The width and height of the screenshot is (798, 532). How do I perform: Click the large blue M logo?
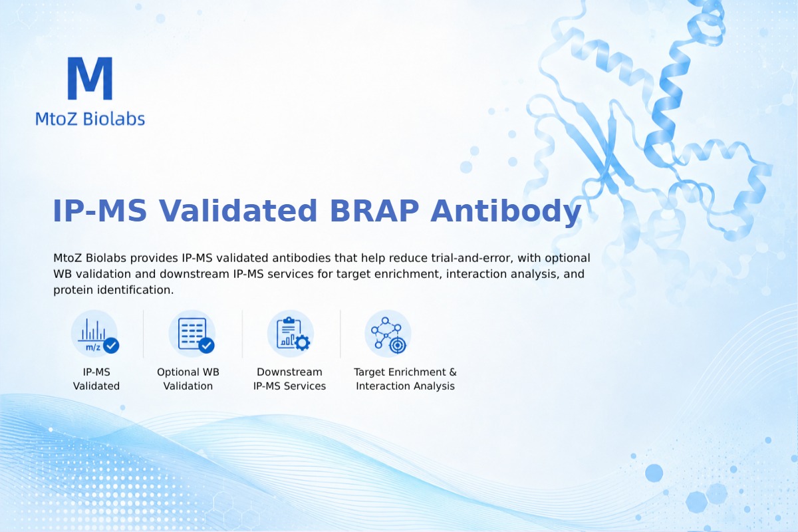point(90,78)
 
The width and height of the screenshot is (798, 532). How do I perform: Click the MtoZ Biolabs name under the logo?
point(90,118)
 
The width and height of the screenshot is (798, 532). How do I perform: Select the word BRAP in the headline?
point(374,211)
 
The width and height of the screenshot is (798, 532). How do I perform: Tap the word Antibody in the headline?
point(506,211)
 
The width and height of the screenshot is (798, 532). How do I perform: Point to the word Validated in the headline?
point(238,211)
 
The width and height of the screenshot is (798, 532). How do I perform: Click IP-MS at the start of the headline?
point(100,211)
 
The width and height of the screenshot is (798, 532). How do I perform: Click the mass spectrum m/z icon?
point(94,334)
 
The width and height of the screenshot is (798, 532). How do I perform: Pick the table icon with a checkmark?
point(192,334)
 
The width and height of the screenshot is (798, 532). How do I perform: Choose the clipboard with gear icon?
point(291,334)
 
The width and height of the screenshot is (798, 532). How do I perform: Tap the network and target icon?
point(388,334)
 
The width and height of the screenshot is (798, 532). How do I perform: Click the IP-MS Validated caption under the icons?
point(96,379)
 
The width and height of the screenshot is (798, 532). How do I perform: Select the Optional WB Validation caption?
point(188,379)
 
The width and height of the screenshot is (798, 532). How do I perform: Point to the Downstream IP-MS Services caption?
point(290,379)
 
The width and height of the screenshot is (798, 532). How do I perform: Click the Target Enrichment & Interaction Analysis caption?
point(406,379)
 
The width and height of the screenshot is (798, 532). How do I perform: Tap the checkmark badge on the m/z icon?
point(111,345)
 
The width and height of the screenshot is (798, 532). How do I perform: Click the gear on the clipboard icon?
point(303,342)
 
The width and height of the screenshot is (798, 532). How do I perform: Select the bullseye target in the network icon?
point(397,345)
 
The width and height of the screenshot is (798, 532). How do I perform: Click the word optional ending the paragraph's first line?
point(567,258)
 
